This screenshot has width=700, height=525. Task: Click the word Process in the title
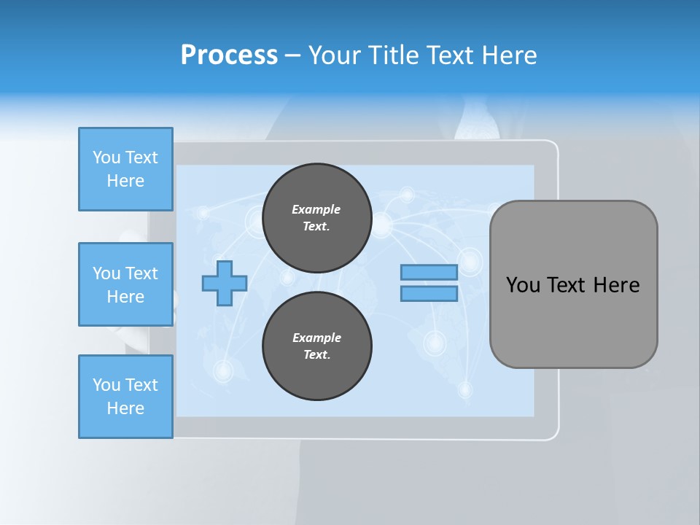coord(229,55)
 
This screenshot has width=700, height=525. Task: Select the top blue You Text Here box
coord(125,169)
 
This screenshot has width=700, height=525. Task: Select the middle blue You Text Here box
coord(125,284)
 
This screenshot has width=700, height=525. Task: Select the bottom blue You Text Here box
coord(125,397)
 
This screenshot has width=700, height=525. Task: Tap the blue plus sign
coord(225,283)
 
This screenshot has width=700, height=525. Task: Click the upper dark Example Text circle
coord(317,218)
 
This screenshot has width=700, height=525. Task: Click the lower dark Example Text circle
coord(317,346)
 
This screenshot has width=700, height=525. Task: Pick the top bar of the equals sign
coord(429,272)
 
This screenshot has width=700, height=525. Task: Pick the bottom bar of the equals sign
coord(429,294)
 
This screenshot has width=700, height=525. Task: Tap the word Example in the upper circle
coord(316,209)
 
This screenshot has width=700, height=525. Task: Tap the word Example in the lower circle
coord(316,338)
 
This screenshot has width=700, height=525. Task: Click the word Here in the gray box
coord(616,285)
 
